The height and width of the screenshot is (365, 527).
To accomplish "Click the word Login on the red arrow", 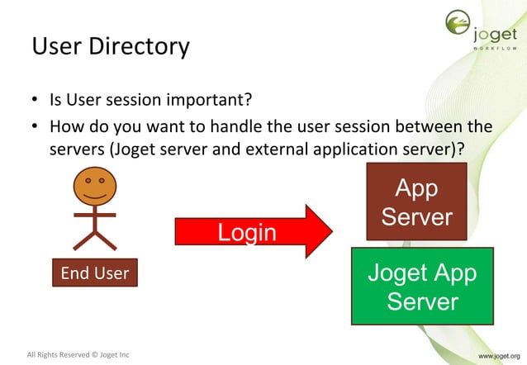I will (246, 233).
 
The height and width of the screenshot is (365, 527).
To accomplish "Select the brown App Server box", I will (416, 202).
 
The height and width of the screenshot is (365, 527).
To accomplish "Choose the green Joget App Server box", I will (422, 286).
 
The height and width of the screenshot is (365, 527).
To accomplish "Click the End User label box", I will (95, 273).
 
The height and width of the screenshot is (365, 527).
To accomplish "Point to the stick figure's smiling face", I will (95, 187).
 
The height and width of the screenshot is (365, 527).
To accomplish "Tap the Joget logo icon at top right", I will (459, 25).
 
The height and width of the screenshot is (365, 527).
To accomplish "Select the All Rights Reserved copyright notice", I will (78, 355).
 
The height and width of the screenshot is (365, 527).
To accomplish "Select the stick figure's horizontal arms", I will (95, 216).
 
